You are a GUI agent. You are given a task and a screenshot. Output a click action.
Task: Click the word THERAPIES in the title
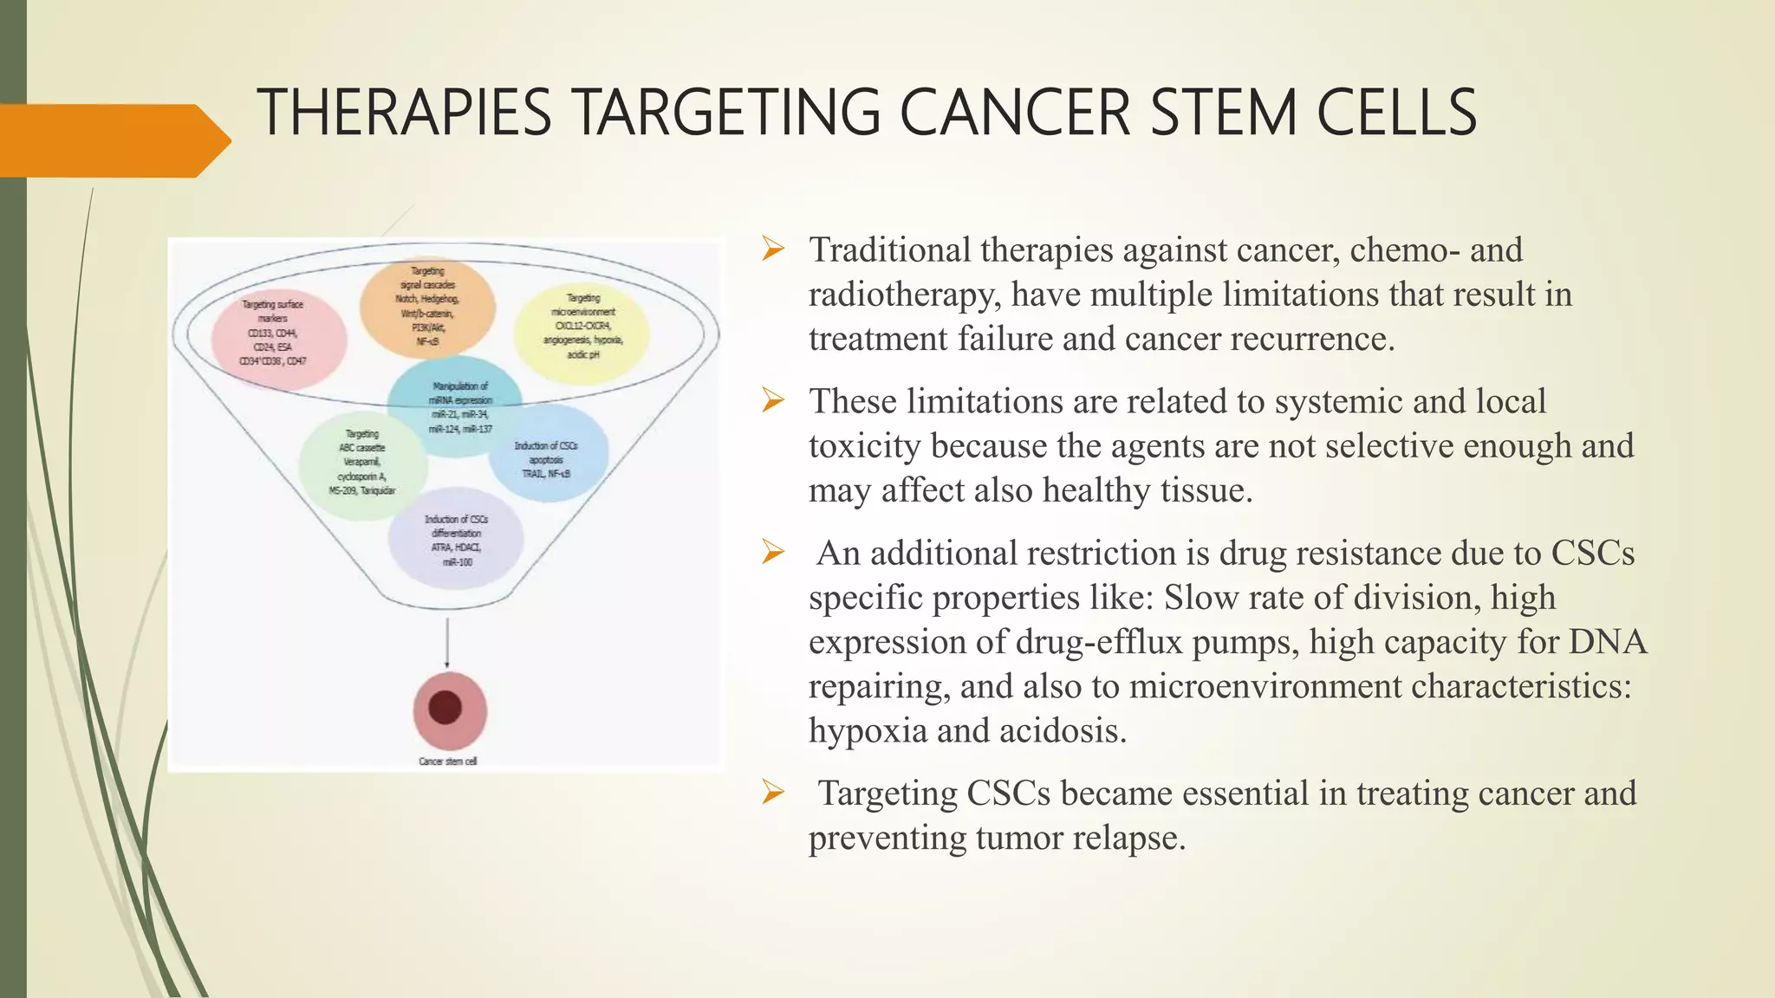point(404,113)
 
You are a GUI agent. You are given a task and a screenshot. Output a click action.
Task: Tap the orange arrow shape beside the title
point(113,140)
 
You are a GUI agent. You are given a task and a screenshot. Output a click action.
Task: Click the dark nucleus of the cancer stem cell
point(445,707)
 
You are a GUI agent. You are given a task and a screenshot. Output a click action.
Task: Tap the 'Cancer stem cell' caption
point(447,761)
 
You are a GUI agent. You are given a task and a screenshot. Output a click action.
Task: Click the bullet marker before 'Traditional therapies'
point(772,250)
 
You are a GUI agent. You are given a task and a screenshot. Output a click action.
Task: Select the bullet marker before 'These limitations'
point(772,401)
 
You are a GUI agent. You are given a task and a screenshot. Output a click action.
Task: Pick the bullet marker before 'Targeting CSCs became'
point(772,792)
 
